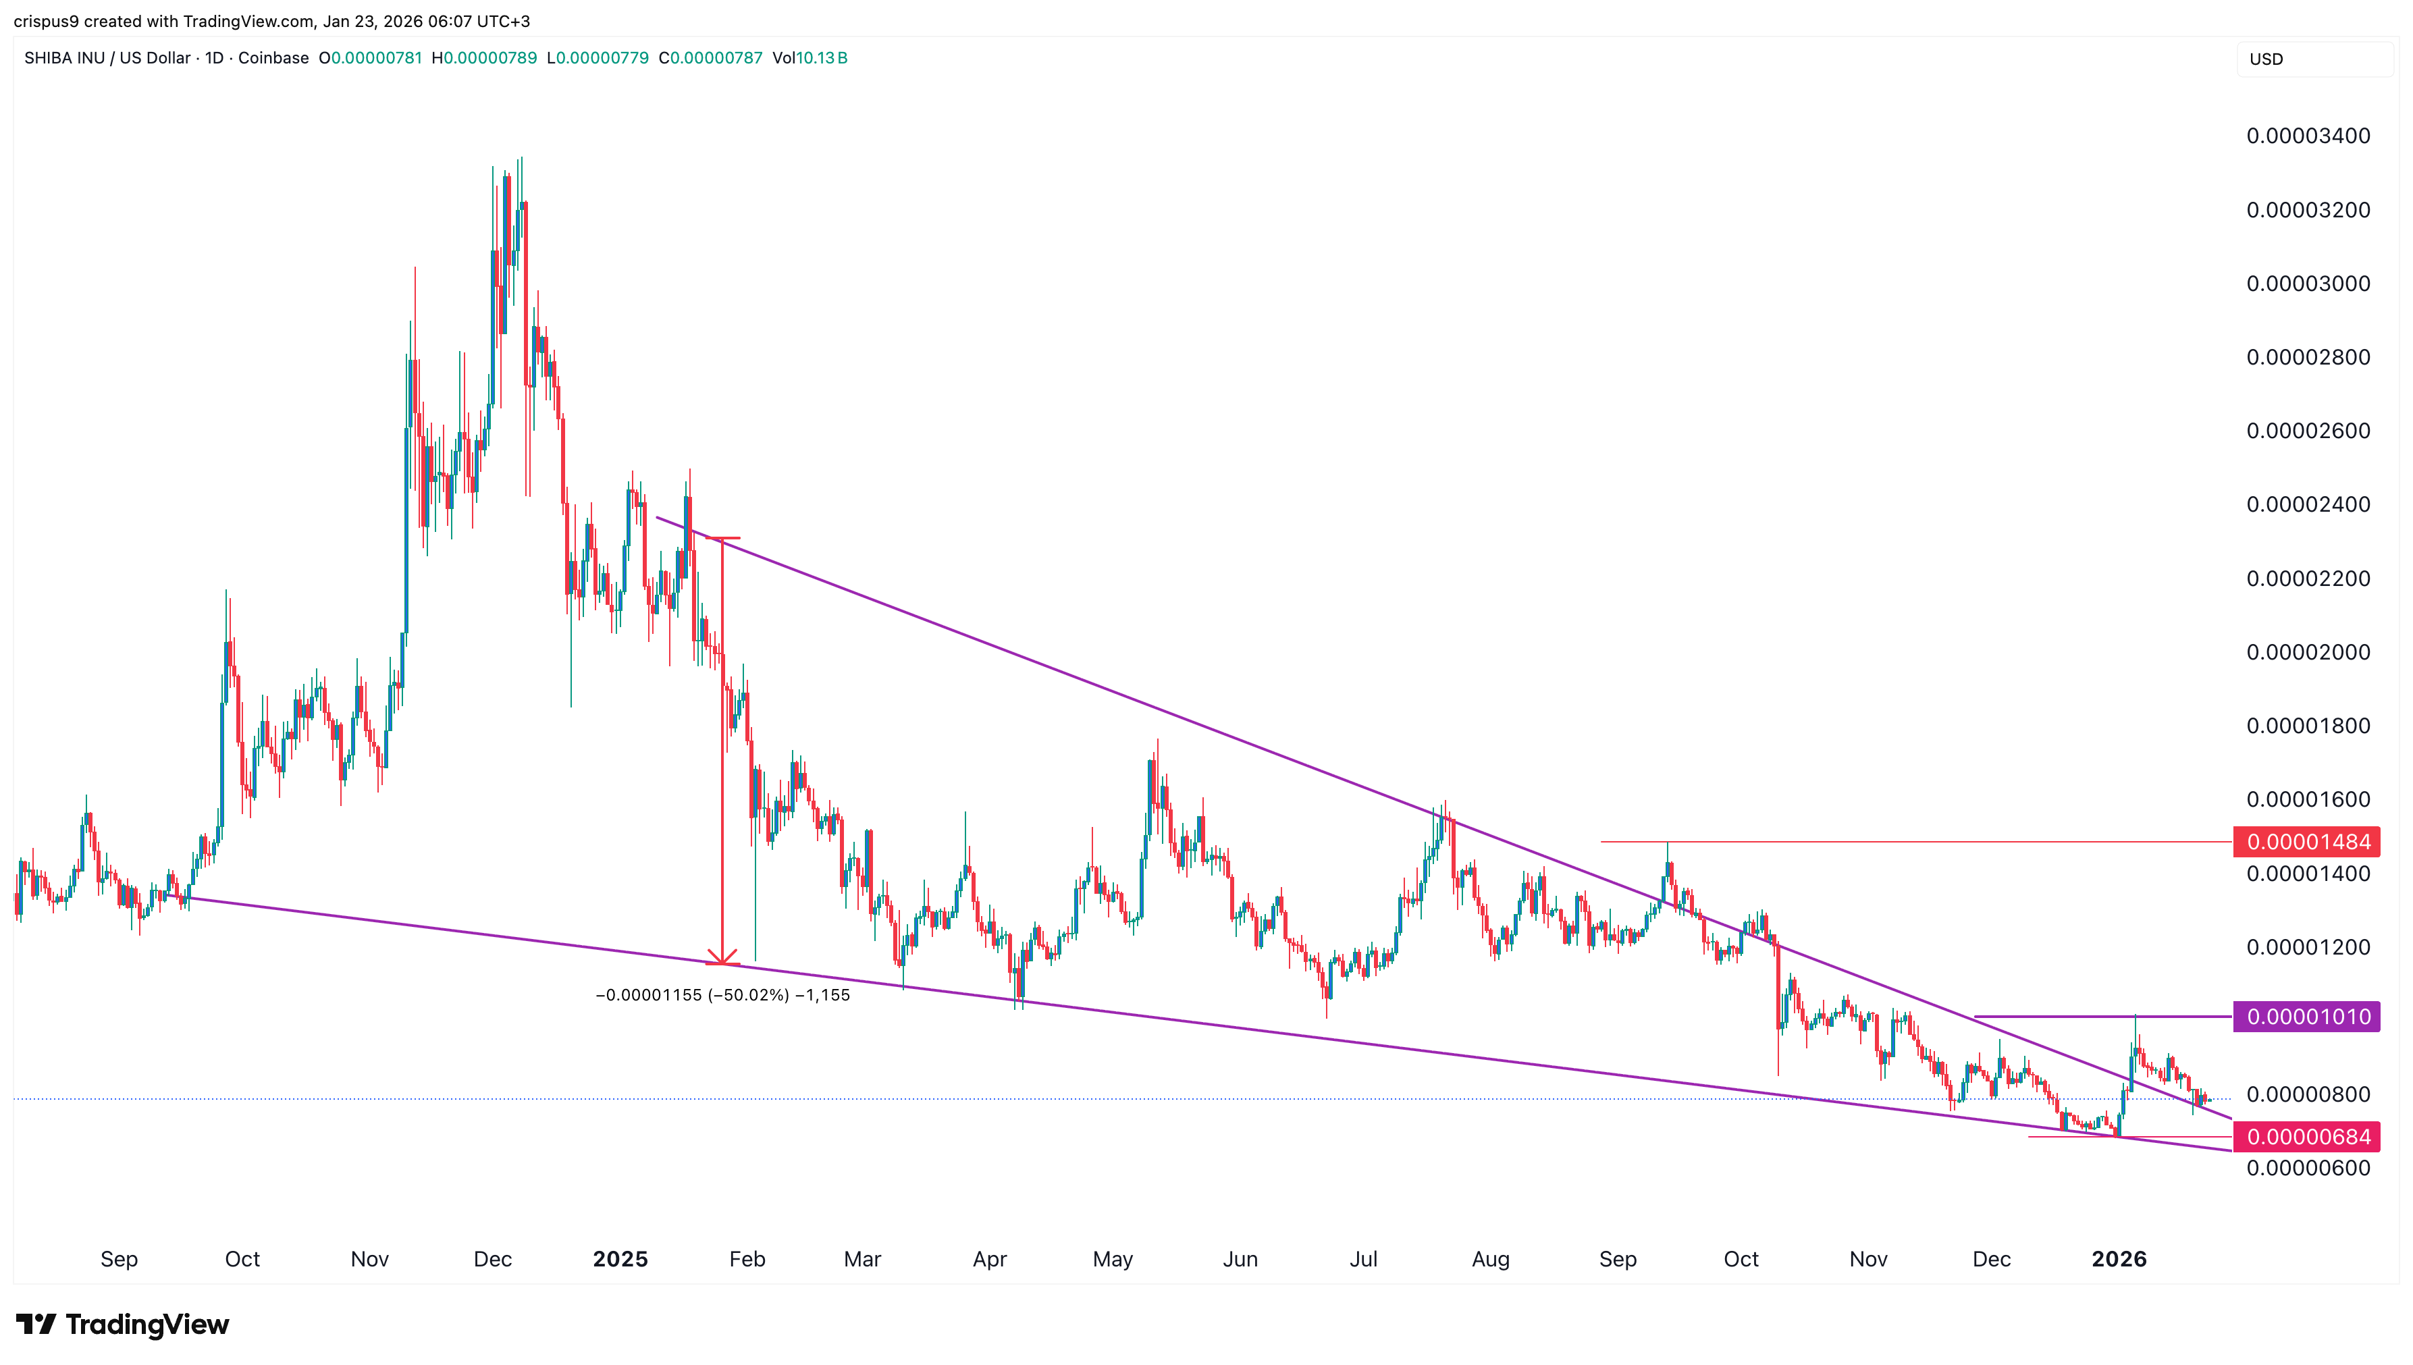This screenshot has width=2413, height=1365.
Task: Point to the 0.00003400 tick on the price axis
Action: click(x=2307, y=136)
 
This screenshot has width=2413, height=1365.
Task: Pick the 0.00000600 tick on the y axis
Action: click(x=2307, y=1168)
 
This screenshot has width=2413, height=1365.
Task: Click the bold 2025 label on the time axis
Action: click(x=620, y=1259)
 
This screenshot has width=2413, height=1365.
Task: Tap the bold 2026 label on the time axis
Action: click(x=2118, y=1259)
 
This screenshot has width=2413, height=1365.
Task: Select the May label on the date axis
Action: click(x=1112, y=1259)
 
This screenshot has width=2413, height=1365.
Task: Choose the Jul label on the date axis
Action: click(x=1363, y=1259)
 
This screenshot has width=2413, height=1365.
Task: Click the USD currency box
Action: click(x=2312, y=59)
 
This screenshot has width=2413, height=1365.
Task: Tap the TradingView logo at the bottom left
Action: click(x=123, y=1324)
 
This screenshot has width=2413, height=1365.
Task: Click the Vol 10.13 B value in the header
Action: click(x=810, y=58)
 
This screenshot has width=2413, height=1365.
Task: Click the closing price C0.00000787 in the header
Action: click(x=710, y=58)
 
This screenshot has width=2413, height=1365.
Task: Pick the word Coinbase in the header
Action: click(x=273, y=58)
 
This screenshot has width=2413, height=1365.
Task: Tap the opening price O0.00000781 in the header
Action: click(x=369, y=58)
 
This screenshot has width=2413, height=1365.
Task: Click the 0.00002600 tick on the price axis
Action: click(x=2307, y=431)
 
